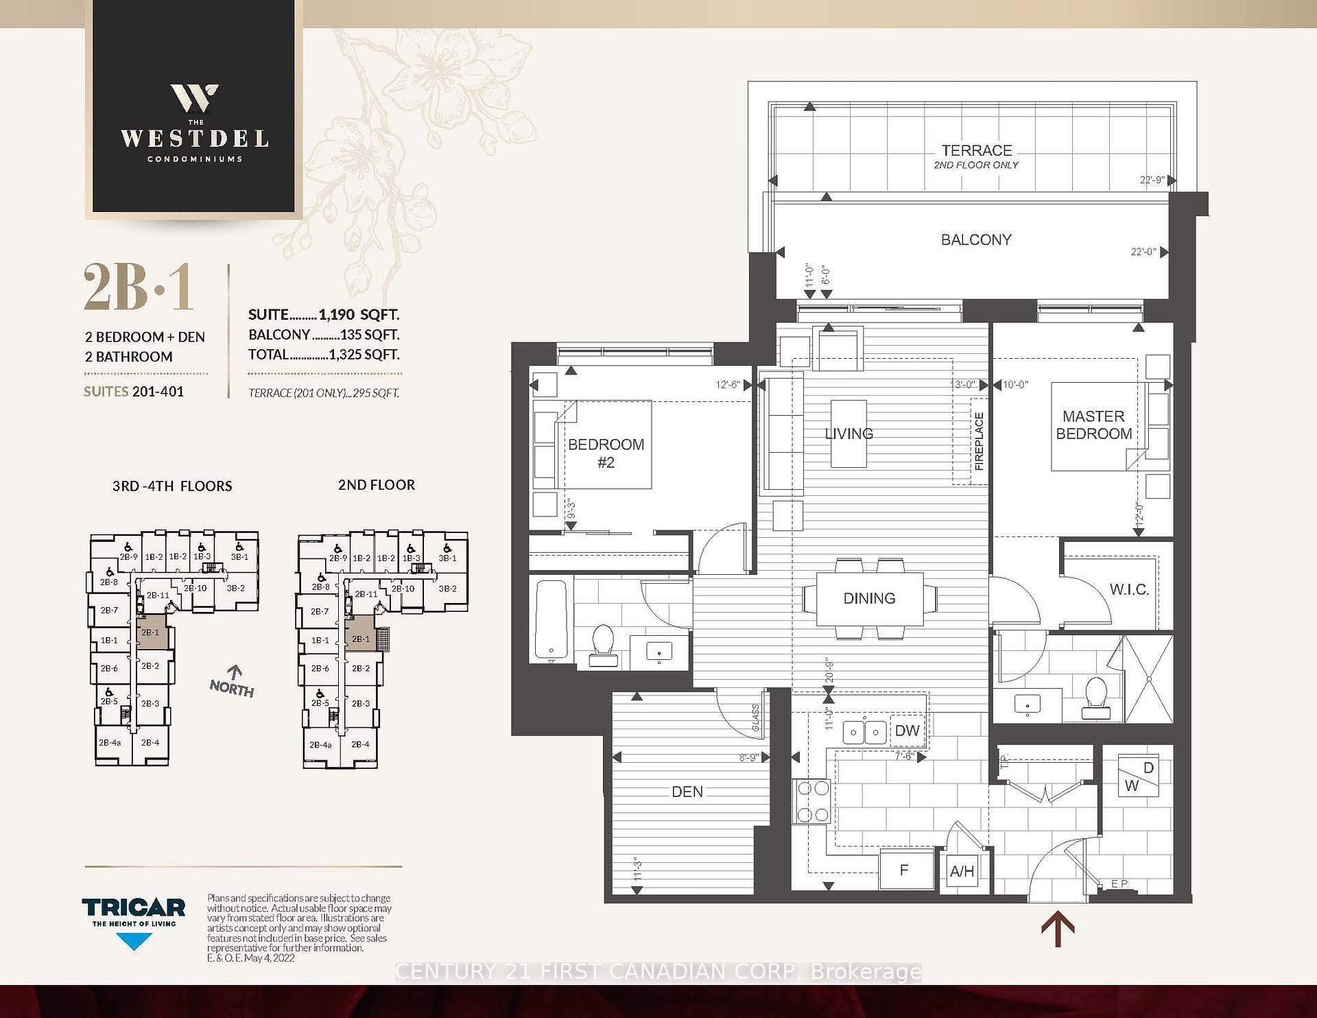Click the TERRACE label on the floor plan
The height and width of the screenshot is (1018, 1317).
click(x=976, y=150)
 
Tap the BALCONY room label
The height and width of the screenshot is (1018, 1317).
click(x=975, y=239)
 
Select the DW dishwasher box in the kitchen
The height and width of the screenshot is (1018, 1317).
click(x=907, y=731)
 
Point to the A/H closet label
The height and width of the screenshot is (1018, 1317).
click(x=962, y=871)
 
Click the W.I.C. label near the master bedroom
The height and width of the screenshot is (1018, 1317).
click(x=1128, y=589)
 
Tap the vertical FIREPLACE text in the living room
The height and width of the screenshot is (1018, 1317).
click(x=979, y=441)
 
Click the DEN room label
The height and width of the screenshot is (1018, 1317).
click(x=687, y=792)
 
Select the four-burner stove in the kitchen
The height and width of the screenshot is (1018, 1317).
click(x=812, y=801)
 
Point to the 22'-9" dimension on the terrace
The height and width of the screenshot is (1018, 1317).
click(x=1152, y=180)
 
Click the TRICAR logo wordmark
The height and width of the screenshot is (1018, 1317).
click(x=134, y=908)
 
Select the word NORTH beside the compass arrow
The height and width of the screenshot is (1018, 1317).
click(x=232, y=689)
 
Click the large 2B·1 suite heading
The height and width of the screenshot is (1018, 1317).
click(x=139, y=288)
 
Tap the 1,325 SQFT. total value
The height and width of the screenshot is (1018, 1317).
click(x=364, y=355)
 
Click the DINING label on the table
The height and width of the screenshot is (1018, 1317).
click(x=869, y=598)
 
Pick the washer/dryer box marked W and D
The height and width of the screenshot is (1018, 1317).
click(x=1139, y=777)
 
